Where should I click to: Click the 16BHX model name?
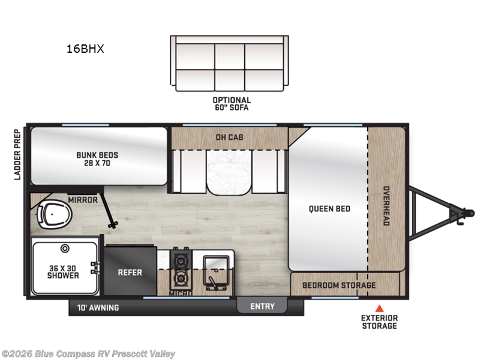pyautogui.click(x=85, y=49)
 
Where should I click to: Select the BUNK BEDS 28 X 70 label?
pyautogui.click(x=97, y=159)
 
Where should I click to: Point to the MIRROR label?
pyautogui.click(x=83, y=200)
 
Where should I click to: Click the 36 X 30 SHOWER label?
pyautogui.click(x=63, y=271)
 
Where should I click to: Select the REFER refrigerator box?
pyautogui.click(x=130, y=272)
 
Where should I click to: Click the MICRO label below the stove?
pyautogui.click(x=180, y=293)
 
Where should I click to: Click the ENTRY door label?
pyautogui.click(x=262, y=306)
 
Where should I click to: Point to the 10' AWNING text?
pyautogui.click(x=98, y=308)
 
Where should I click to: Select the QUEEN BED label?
pyautogui.click(x=329, y=209)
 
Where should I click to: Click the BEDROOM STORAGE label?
pyautogui.click(x=339, y=285)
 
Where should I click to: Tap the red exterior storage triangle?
pyautogui.click(x=379, y=308)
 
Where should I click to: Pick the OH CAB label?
pyautogui.click(x=229, y=136)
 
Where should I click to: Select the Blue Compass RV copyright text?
pyautogui.click(x=89, y=354)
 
